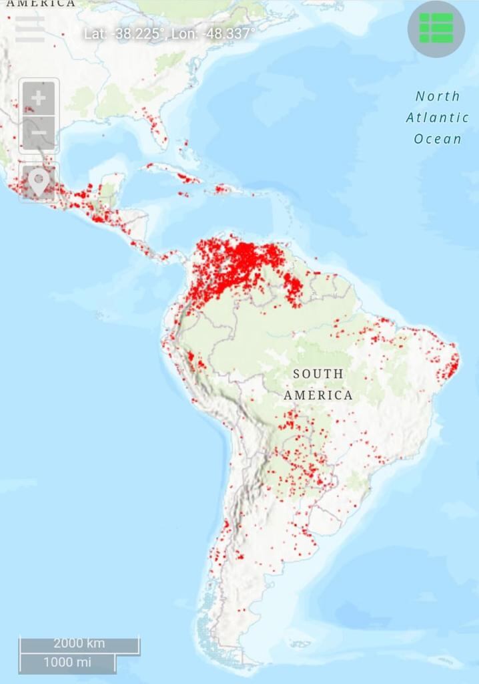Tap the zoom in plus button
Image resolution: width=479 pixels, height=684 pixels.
pyautogui.click(x=39, y=98)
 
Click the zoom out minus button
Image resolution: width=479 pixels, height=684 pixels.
pyautogui.click(x=39, y=134)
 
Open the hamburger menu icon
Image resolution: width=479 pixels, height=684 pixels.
pyautogui.click(x=30, y=28)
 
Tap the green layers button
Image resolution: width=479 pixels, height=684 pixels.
pyautogui.click(x=436, y=29)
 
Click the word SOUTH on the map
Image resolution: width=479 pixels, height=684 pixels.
pyautogui.click(x=318, y=374)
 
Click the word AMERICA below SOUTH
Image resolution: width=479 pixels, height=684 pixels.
pyautogui.click(x=318, y=395)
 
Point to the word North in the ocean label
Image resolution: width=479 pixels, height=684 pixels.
pyautogui.click(x=438, y=96)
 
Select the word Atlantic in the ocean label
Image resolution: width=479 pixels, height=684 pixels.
pyautogui.click(x=438, y=118)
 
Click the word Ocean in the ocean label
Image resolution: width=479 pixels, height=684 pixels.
pyautogui.click(x=438, y=139)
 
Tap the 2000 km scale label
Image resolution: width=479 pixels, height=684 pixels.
pyautogui.click(x=79, y=643)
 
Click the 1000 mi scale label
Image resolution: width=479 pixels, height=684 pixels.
pyautogui.click(x=67, y=663)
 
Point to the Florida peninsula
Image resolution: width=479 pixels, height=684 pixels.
pyautogui.click(x=157, y=131)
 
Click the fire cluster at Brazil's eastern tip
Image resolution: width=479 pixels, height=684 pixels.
pyautogui.click(x=453, y=364)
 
